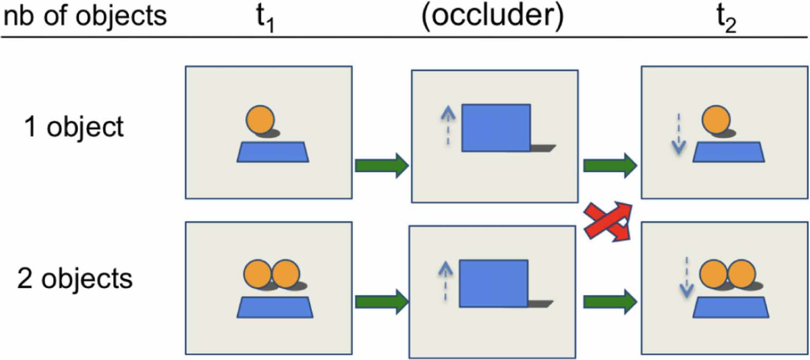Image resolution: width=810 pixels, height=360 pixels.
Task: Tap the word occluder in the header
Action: (492, 16)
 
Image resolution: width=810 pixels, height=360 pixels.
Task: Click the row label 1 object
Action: (74, 126)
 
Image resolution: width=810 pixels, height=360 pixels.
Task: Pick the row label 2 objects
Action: (75, 279)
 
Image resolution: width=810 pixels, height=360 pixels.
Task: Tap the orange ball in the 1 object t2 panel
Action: (716, 120)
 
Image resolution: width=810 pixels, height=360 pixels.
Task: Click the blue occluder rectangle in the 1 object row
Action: (496, 127)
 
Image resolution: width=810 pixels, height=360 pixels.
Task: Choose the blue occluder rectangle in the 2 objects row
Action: (493, 283)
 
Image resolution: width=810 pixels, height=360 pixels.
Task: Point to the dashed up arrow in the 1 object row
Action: (448, 125)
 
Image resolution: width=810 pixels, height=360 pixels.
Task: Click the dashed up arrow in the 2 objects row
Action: (445, 281)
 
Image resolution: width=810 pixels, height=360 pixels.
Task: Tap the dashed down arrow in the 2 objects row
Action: (686, 276)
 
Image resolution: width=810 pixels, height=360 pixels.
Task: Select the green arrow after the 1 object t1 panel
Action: (381, 165)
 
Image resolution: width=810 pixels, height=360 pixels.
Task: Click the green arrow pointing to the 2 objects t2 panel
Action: (610, 302)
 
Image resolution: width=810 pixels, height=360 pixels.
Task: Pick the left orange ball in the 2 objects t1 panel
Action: (257, 273)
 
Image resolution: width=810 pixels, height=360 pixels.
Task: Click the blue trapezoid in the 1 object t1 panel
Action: (273, 152)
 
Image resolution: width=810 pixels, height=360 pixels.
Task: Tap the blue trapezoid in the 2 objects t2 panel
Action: (730, 307)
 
